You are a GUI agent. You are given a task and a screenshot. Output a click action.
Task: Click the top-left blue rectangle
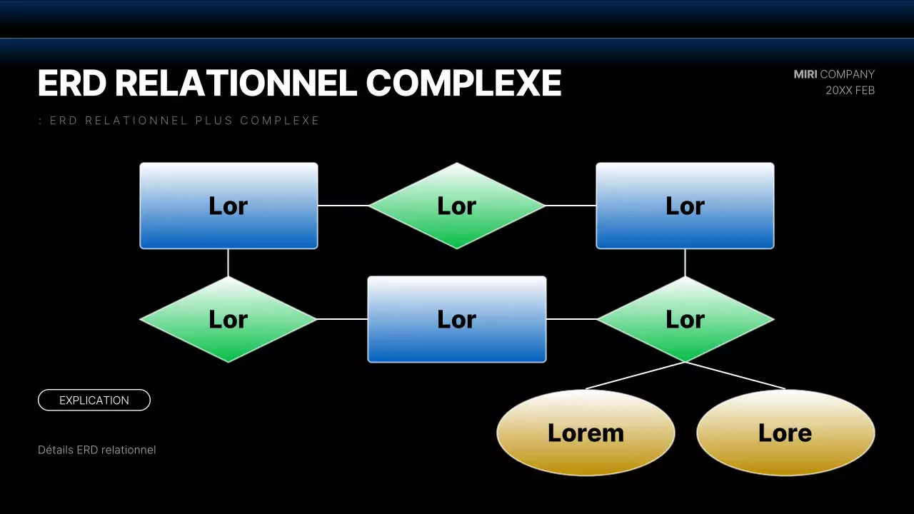click(x=228, y=206)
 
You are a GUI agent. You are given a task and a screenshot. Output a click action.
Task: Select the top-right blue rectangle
click(x=685, y=206)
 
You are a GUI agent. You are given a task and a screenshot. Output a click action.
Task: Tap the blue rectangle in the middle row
click(x=457, y=319)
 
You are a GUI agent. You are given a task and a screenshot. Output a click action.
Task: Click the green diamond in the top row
click(x=457, y=206)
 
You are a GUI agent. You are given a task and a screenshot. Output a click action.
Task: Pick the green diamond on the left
click(x=228, y=319)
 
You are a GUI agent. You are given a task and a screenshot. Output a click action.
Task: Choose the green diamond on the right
click(x=685, y=319)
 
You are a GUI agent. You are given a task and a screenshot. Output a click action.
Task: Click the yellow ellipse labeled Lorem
click(x=586, y=433)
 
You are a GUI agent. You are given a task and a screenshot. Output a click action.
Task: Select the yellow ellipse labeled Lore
click(x=785, y=433)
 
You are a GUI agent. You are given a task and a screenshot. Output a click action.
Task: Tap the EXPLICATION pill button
click(x=94, y=400)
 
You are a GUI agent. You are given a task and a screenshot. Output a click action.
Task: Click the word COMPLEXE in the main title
click(x=463, y=84)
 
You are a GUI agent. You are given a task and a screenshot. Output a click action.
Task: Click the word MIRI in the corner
click(x=805, y=74)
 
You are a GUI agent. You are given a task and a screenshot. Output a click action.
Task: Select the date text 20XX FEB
click(x=850, y=91)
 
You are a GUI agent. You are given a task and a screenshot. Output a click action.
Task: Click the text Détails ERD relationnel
click(x=96, y=450)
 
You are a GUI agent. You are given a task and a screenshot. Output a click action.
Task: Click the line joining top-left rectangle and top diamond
click(x=343, y=206)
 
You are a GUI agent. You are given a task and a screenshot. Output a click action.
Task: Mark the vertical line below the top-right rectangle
click(x=685, y=263)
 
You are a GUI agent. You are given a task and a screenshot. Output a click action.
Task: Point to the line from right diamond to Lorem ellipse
click(x=636, y=376)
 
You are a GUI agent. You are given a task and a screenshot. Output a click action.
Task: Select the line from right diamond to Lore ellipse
click(x=735, y=376)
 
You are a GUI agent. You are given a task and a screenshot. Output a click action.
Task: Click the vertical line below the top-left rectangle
click(x=228, y=263)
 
